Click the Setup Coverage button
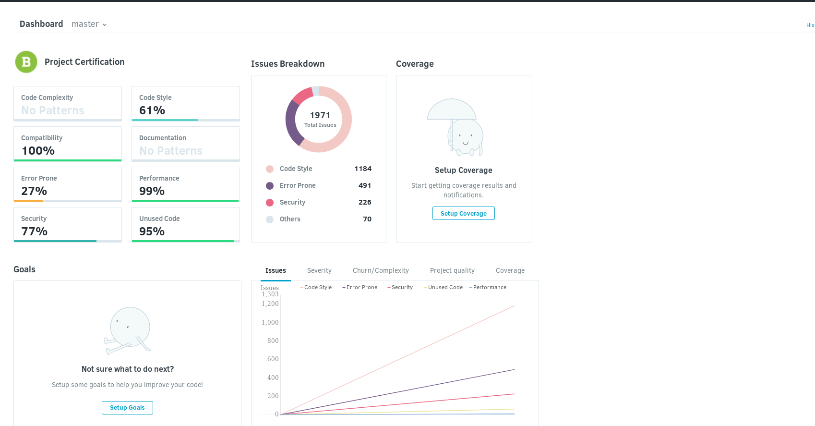pos(463,213)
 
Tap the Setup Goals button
pos(127,407)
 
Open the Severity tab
pos(319,270)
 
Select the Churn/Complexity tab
pos(381,270)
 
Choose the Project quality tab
pos(452,270)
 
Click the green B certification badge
pos(26,62)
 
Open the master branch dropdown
pos(89,24)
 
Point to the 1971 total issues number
pos(320,115)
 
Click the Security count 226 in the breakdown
pos(365,202)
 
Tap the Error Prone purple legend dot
pos(270,186)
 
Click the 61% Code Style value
pos(152,110)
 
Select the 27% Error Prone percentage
pos(34,191)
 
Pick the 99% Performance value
pos(152,191)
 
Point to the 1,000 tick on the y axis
pos(270,322)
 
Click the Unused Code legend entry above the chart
pos(443,287)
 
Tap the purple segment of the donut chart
pos(291,122)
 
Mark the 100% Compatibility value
pos(38,150)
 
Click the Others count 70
pos(367,219)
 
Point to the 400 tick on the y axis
pos(273,377)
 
